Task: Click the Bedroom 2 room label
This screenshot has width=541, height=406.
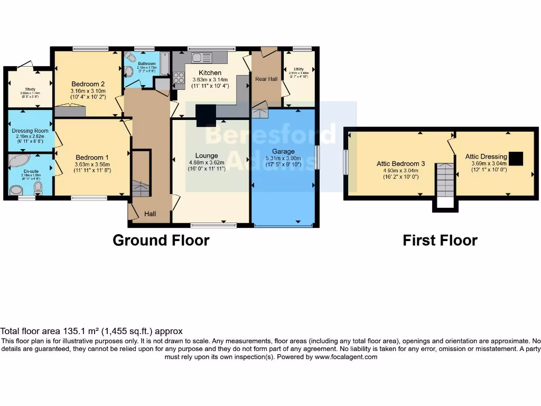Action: (88, 84)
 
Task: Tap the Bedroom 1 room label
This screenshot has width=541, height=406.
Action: (92, 158)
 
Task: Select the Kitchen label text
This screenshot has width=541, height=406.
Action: (210, 72)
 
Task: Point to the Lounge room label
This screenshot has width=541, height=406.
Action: (207, 155)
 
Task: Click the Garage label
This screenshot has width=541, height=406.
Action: (283, 151)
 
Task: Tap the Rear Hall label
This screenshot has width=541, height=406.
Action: (266, 79)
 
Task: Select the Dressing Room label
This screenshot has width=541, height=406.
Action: (30, 131)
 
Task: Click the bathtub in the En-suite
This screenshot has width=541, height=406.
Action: (21, 161)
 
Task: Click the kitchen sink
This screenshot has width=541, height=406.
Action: (201, 57)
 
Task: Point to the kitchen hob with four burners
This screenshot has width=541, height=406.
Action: (179, 78)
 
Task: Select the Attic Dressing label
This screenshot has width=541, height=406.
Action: (486, 156)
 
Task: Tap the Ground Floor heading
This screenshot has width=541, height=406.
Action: (161, 241)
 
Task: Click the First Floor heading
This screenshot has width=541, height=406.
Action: (440, 241)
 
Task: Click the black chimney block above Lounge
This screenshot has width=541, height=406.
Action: (206, 115)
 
